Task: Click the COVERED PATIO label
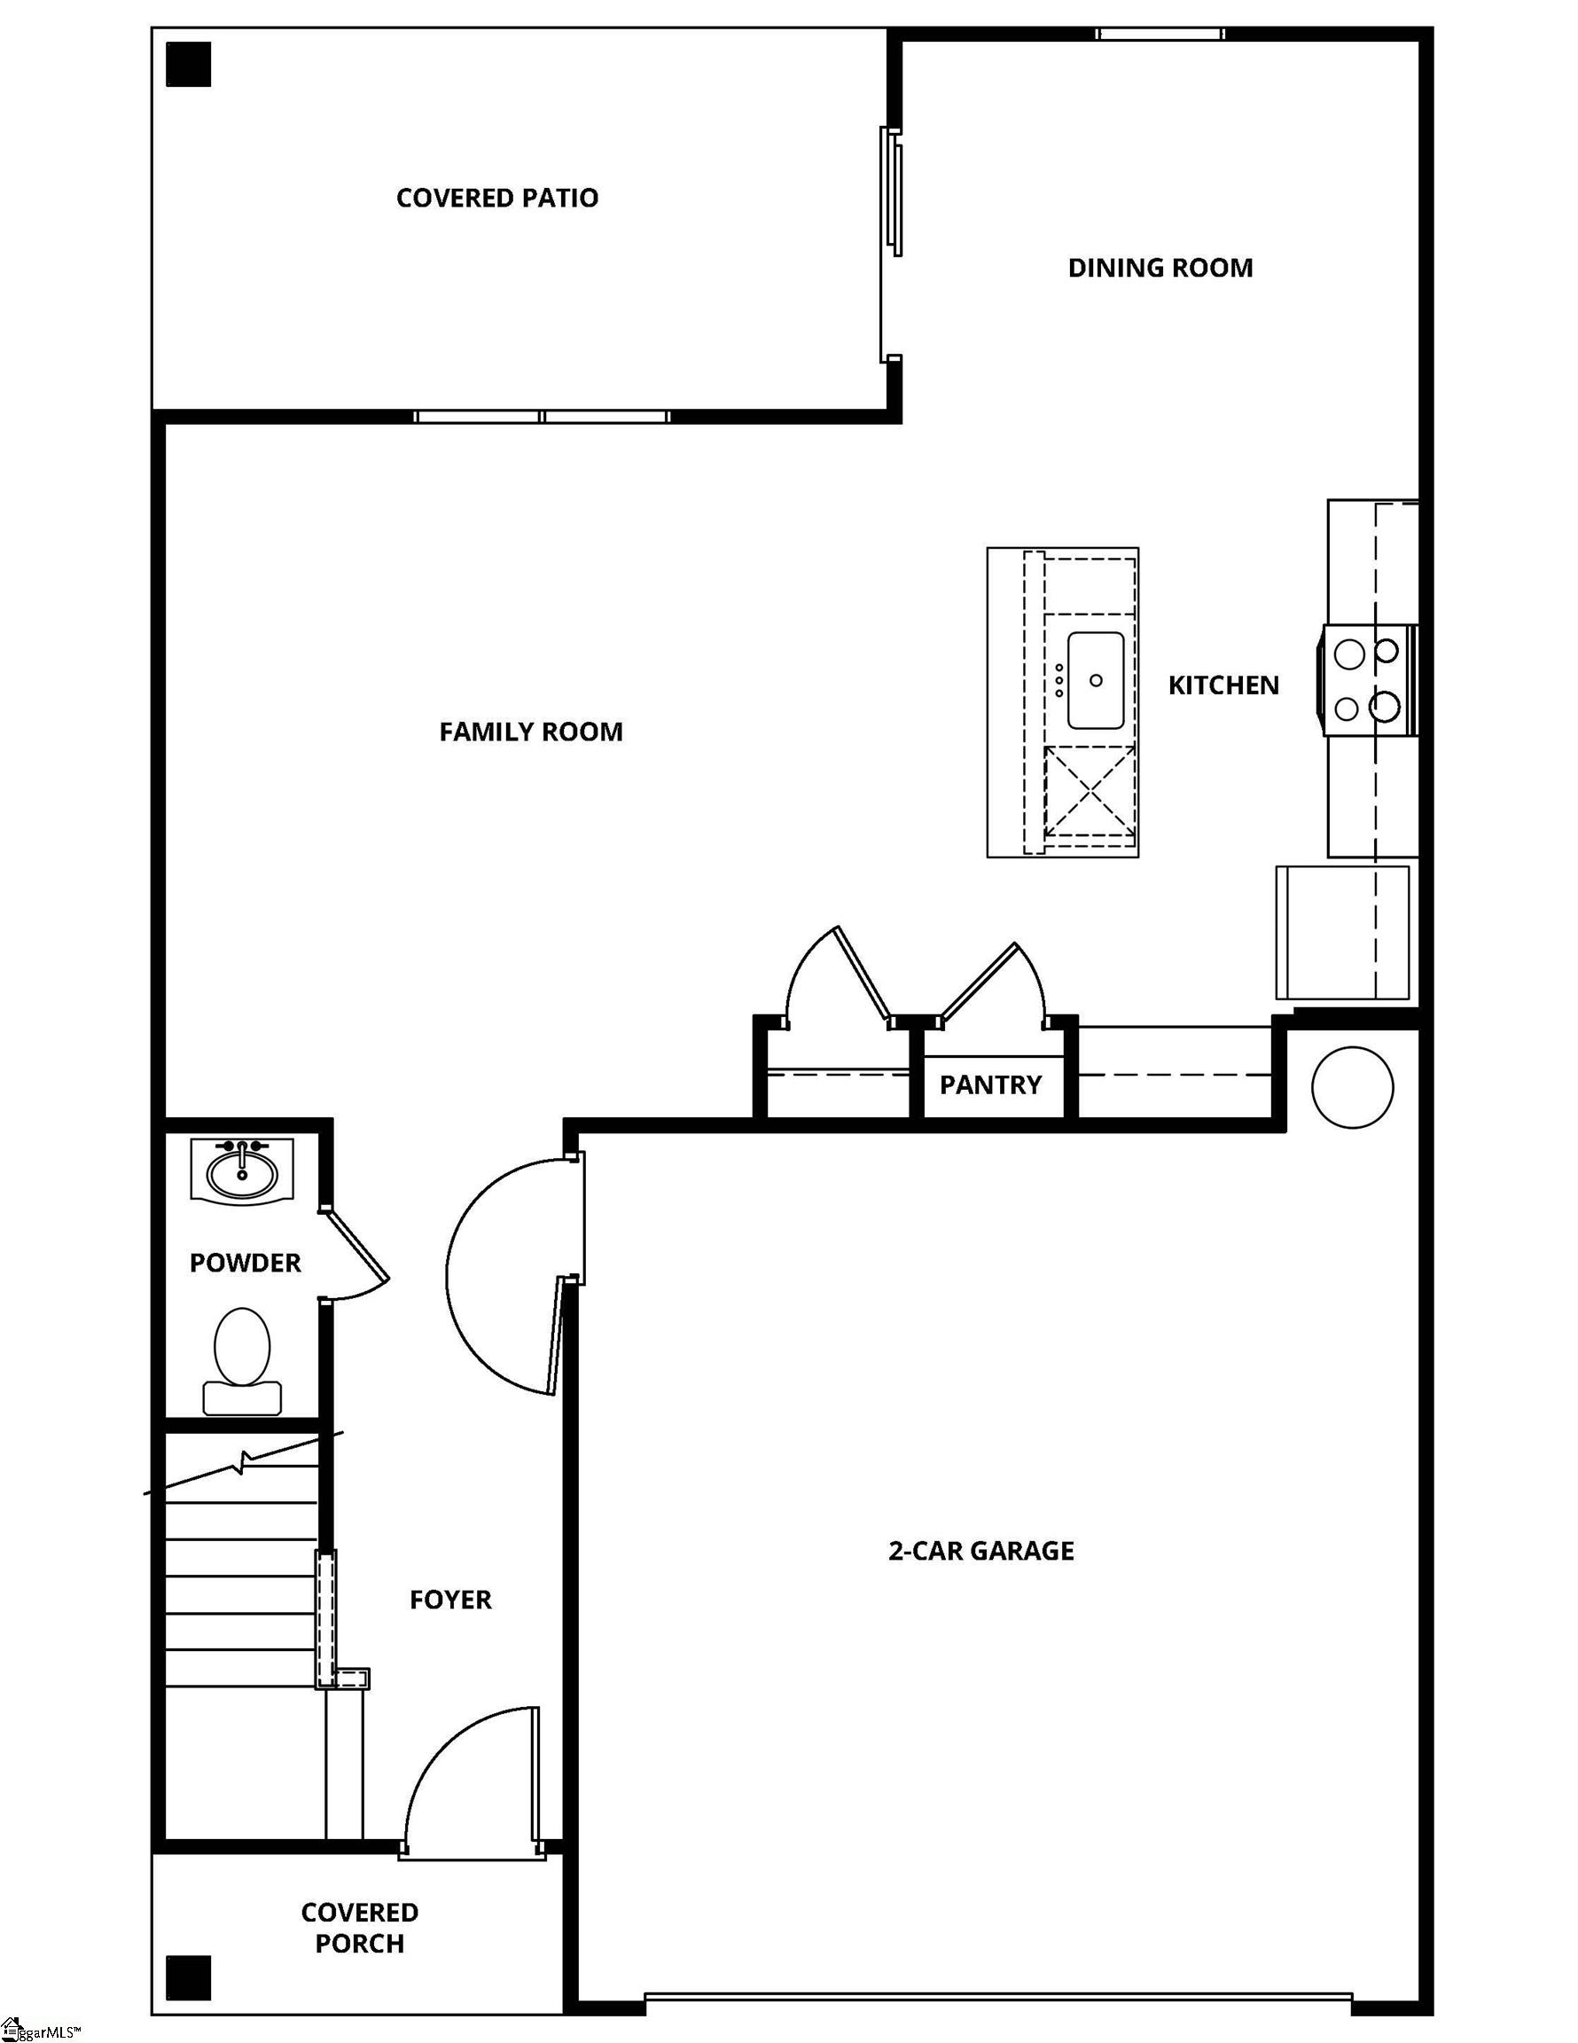click(496, 198)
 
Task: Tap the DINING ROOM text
click(1160, 268)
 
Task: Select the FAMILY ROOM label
click(530, 732)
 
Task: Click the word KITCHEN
click(1223, 685)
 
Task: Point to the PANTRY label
click(989, 1084)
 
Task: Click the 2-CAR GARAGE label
click(980, 1551)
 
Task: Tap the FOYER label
click(450, 1600)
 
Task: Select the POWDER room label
click(245, 1263)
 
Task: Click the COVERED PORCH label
click(359, 1928)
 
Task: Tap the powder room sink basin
click(242, 1170)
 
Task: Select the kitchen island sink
click(1096, 680)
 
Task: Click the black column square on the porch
click(188, 1978)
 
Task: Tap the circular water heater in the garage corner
click(1352, 1087)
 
